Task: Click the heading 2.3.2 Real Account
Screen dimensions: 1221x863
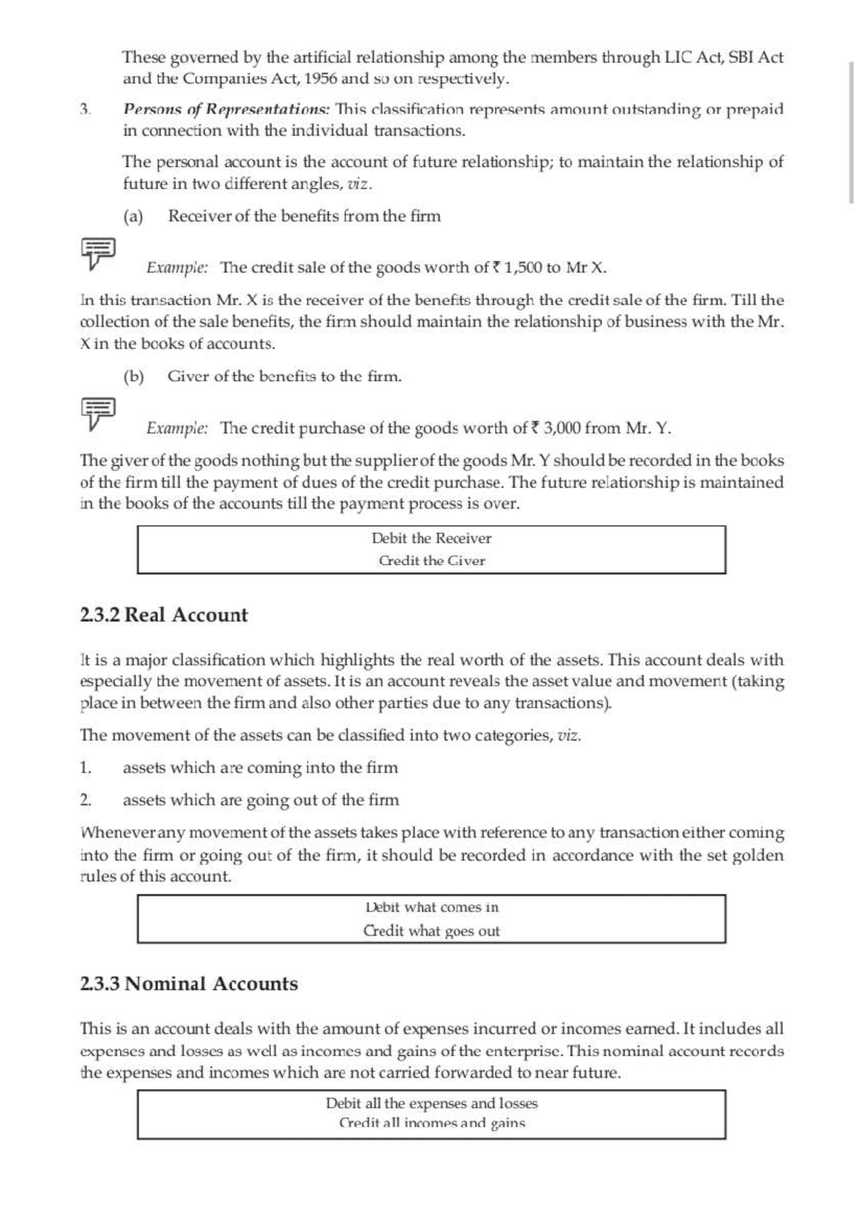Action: (164, 616)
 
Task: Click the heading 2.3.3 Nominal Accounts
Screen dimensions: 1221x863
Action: (188, 984)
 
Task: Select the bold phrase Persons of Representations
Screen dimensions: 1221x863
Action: (226, 109)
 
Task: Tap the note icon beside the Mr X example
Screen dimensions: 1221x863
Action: (97, 253)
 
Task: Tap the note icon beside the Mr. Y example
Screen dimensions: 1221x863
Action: (97, 413)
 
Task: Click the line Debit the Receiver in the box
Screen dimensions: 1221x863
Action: (431, 539)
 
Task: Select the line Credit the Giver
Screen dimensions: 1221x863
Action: (431, 561)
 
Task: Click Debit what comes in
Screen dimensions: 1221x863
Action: (431, 907)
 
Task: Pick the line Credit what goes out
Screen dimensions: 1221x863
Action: (431, 931)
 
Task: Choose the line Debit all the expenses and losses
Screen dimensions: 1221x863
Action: (431, 1103)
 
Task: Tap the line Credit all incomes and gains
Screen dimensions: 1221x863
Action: (431, 1123)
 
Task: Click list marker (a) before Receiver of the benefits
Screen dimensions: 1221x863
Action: (133, 216)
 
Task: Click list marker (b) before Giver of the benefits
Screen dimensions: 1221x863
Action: (133, 377)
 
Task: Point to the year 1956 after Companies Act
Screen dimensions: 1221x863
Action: (320, 78)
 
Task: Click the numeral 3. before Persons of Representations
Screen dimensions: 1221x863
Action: (85, 109)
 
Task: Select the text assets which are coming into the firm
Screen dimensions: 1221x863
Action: (260, 768)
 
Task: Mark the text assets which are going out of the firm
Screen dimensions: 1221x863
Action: (260, 800)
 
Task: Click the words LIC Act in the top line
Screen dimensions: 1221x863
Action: (692, 57)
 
